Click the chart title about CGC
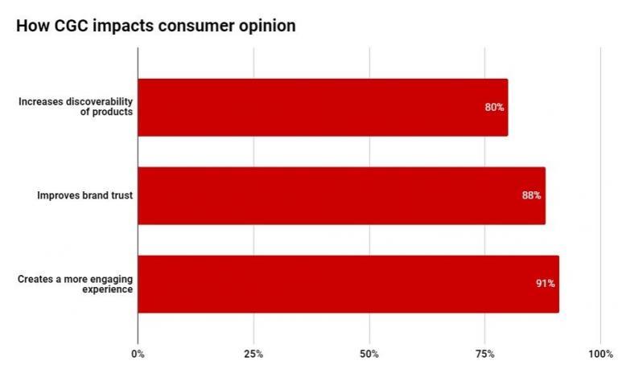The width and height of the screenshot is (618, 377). [155, 26]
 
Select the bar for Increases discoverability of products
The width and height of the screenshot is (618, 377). [322, 107]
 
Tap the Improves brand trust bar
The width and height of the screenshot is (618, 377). [341, 195]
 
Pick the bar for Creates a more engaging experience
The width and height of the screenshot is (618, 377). [348, 284]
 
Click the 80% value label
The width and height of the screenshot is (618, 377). [494, 107]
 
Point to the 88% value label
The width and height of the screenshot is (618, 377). [531, 195]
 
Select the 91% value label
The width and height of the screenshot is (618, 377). [545, 284]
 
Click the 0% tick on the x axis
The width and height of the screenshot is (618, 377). [138, 354]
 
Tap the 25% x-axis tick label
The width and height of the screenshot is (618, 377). [253, 354]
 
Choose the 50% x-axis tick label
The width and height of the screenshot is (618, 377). [369, 354]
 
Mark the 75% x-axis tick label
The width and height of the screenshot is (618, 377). [484, 354]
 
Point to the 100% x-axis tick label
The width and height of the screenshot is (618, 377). [600, 354]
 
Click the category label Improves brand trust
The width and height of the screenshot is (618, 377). [84, 195]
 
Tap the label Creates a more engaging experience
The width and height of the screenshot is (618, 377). [76, 284]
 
